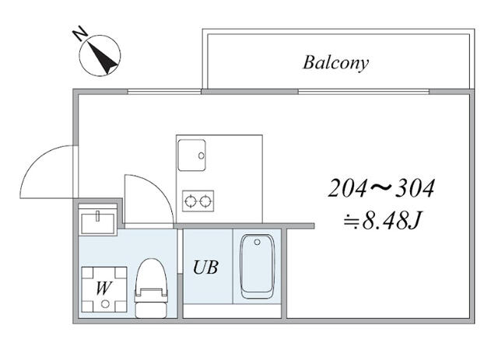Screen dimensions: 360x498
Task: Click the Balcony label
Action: (x=335, y=62)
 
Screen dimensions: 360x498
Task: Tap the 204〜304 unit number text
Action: (x=381, y=189)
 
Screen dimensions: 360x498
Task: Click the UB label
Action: (x=205, y=268)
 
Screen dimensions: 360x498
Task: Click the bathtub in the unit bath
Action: (x=256, y=266)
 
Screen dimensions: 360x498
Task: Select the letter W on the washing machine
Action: (x=102, y=287)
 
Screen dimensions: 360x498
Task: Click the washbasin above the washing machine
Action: (x=98, y=220)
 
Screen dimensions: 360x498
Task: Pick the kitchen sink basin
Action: (x=191, y=153)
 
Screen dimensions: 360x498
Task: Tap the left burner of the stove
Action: (x=191, y=201)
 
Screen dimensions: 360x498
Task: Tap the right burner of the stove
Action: (x=205, y=201)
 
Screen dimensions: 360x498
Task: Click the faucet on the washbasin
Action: (x=98, y=213)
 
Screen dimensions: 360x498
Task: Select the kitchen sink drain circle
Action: (x=201, y=156)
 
